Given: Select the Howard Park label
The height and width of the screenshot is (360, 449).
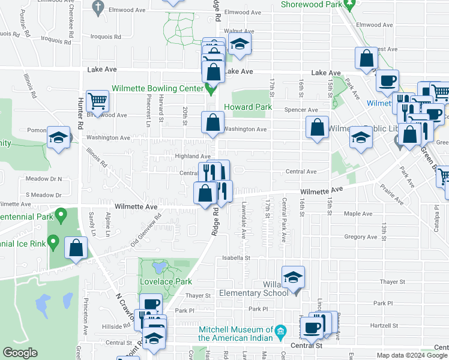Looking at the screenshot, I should (x=248, y=107).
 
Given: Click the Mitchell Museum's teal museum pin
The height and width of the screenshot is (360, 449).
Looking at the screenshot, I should (x=280, y=331).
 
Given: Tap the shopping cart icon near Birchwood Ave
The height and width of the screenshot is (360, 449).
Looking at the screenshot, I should (x=97, y=100).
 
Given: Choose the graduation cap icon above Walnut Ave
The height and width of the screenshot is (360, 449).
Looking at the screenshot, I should (x=240, y=44).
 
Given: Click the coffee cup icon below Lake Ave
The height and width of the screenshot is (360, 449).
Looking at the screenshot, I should (x=388, y=80).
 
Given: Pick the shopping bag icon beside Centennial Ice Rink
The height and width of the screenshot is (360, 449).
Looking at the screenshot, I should (x=76, y=247).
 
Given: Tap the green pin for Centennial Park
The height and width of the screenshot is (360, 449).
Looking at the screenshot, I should (x=60, y=214).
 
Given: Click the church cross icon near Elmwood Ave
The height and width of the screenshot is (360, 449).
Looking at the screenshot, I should (x=98, y=7).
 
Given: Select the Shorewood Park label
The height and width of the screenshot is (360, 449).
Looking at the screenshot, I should (x=311, y=4).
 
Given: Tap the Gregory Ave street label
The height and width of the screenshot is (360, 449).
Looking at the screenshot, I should (x=360, y=237).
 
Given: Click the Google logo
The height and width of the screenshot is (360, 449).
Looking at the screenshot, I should (x=20, y=353).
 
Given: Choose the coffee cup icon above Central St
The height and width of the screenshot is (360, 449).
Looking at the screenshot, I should (x=312, y=328).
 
